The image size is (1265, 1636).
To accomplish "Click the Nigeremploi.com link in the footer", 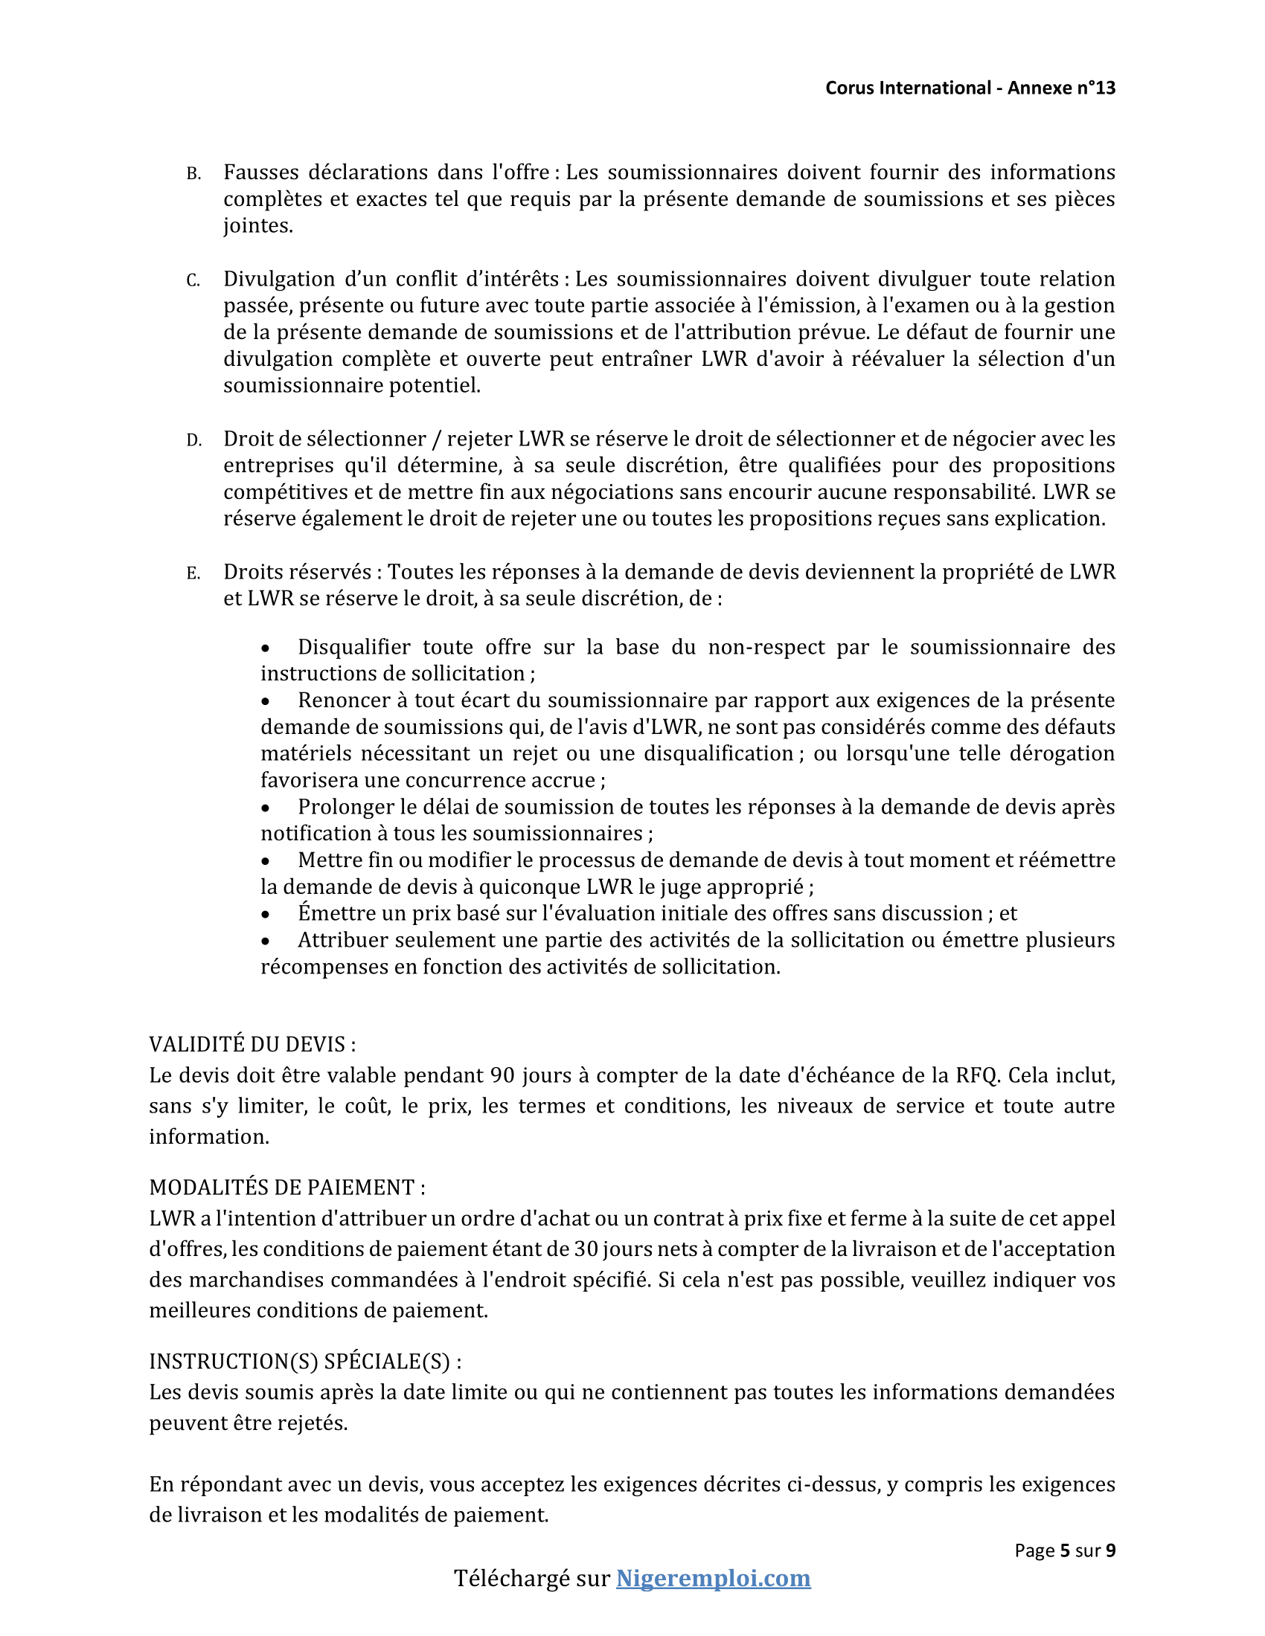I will tap(713, 1578).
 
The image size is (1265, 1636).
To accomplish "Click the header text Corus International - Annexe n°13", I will tap(970, 88).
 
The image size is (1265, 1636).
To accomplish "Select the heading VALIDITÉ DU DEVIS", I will tap(252, 1044).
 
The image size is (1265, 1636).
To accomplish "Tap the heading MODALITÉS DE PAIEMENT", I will tap(286, 1188).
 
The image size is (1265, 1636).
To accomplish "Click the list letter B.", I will tap(193, 175).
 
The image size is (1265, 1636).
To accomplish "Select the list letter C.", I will tap(193, 281).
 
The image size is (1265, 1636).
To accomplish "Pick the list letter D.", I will tap(193, 440).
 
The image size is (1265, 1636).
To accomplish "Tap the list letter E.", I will tap(193, 574).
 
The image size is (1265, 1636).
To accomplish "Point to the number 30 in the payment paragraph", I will tap(586, 1249).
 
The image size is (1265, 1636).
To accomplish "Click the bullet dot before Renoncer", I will tap(266, 702).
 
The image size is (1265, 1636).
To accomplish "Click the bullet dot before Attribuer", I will tap(266, 941).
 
